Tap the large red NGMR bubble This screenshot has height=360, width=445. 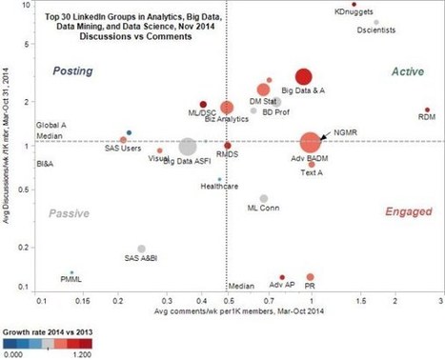click(310, 142)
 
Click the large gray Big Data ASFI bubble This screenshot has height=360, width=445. click(188, 147)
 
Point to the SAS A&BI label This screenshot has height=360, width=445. click(143, 257)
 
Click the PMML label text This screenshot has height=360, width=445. click(71, 279)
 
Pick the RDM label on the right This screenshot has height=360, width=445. click(427, 119)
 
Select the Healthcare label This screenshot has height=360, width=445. click(218, 187)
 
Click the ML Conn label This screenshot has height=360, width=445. click(264, 207)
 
